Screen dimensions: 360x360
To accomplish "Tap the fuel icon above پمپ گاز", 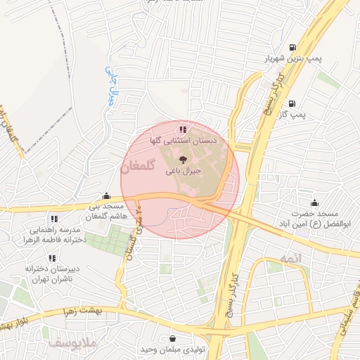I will point(290,103).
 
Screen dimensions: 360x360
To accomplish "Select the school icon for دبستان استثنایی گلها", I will point(184,129).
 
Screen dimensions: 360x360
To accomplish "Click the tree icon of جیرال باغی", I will point(184,159).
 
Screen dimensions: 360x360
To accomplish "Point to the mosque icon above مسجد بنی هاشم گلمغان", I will point(105,196).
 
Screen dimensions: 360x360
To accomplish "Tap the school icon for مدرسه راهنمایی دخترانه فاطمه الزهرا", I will point(54,219).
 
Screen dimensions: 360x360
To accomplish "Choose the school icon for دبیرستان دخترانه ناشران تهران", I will point(54,257).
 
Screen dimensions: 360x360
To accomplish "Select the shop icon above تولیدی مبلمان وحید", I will point(173,339).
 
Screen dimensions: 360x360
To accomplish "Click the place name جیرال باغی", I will point(184,170).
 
